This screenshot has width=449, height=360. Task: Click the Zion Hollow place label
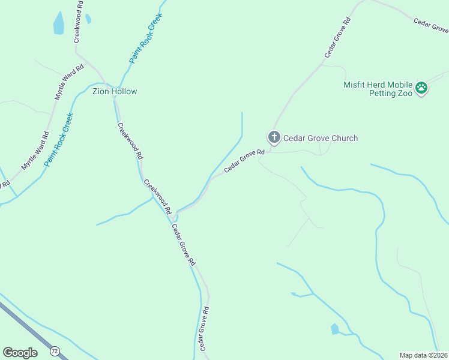(x=115, y=92)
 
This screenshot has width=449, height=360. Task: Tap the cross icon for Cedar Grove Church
(x=274, y=138)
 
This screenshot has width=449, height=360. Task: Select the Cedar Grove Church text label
(x=321, y=138)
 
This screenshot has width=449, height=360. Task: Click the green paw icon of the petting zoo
(x=421, y=88)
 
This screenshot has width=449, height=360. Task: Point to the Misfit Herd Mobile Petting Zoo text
(x=378, y=89)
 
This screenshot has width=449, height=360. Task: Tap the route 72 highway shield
(x=55, y=350)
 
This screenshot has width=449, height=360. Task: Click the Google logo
(x=20, y=353)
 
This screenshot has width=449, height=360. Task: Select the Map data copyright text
(x=423, y=355)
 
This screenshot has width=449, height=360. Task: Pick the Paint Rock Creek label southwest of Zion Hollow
(x=58, y=139)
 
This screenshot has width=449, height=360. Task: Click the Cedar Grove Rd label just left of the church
(x=244, y=162)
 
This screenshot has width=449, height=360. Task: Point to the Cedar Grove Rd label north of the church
(x=337, y=37)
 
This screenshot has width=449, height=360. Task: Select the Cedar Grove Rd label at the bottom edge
(x=203, y=328)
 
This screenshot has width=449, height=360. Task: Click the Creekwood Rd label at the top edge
(x=78, y=21)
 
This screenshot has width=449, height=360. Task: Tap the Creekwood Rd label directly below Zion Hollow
(x=130, y=141)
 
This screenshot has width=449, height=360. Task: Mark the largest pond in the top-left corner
(x=58, y=23)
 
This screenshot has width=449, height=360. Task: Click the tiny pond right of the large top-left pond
(x=88, y=19)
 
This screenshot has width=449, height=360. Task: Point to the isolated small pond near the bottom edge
(x=334, y=329)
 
